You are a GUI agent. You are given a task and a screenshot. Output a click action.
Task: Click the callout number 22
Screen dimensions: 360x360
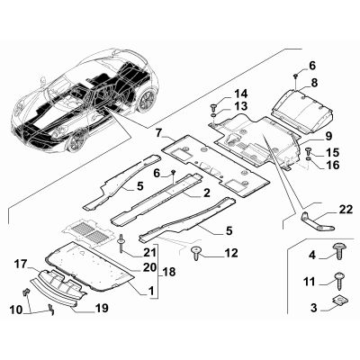346,210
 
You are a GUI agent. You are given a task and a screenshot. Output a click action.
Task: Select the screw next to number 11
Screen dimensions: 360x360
339,282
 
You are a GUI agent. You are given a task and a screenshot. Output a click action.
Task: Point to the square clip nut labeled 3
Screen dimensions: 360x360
338,301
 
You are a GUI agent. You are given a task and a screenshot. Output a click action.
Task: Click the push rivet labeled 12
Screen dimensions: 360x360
196,253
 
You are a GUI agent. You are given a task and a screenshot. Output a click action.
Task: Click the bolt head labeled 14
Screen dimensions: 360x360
213,107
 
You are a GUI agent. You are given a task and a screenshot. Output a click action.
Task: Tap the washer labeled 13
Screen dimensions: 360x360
213,115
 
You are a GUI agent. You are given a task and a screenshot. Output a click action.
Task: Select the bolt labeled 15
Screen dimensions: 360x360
309,150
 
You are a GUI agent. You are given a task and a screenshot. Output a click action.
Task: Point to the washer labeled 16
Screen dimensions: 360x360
309,158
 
